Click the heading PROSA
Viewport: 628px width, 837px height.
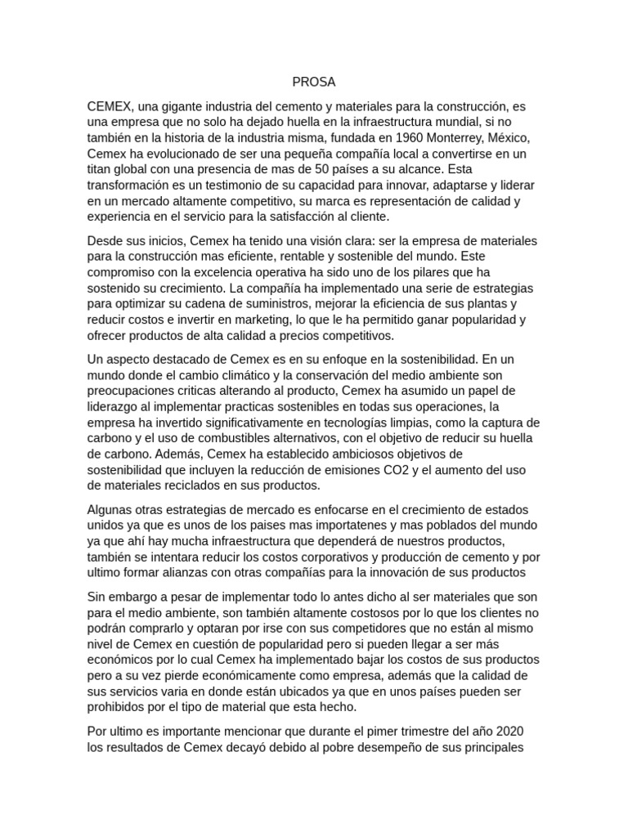pyautogui.click(x=314, y=83)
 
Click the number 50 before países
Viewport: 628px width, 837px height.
pyautogui.click(x=329, y=169)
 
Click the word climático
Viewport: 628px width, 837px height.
pyautogui.click(x=227, y=375)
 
